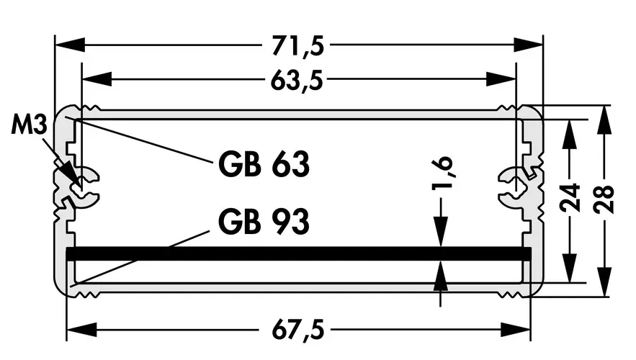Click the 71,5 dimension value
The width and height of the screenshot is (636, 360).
point(297,45)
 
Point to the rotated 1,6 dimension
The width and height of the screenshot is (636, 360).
point(442,174)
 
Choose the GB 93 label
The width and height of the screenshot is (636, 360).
point(264,221)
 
